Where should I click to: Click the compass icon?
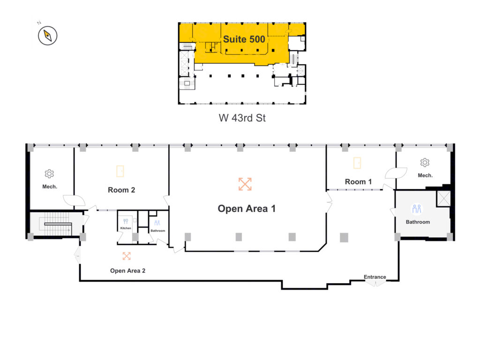[47, 36]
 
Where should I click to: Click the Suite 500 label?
[244, 39]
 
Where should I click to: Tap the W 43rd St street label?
[242, 118]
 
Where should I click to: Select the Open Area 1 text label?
[247, 209]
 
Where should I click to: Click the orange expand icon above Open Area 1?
[245, 184]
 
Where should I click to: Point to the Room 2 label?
[121, 190]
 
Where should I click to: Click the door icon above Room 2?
[120, 171]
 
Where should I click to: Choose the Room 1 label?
[358, 181]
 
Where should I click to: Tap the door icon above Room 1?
[357, 163]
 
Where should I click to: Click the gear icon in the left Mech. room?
[49, 173]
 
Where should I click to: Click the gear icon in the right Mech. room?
[425, 162]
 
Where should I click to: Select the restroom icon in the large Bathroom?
[417, 209]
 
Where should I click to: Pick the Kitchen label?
[126, 228]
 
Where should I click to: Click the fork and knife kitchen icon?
[126, 221]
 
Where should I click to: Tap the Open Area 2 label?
[127, 270]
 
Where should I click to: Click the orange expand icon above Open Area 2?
[127, 256]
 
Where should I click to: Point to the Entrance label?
[375, 277]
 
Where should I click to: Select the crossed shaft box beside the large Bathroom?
[443, 198]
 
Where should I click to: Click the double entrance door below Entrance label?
[375, 283]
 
